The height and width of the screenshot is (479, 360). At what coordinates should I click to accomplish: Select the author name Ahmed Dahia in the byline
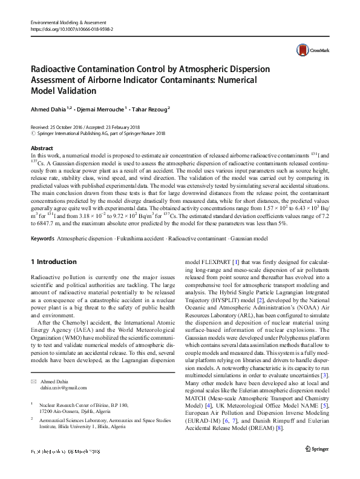tap(50, 109)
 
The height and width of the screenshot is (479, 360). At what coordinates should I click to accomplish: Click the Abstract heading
tap(41, 148)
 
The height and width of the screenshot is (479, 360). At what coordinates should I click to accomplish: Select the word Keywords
tap(42, 239)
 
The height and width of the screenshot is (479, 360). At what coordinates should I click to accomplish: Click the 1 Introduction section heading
tap(53, 262)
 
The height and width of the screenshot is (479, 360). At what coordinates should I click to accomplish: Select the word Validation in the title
tap(75, 91)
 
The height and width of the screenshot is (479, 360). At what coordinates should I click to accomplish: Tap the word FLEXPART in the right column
tap(217, 262)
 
